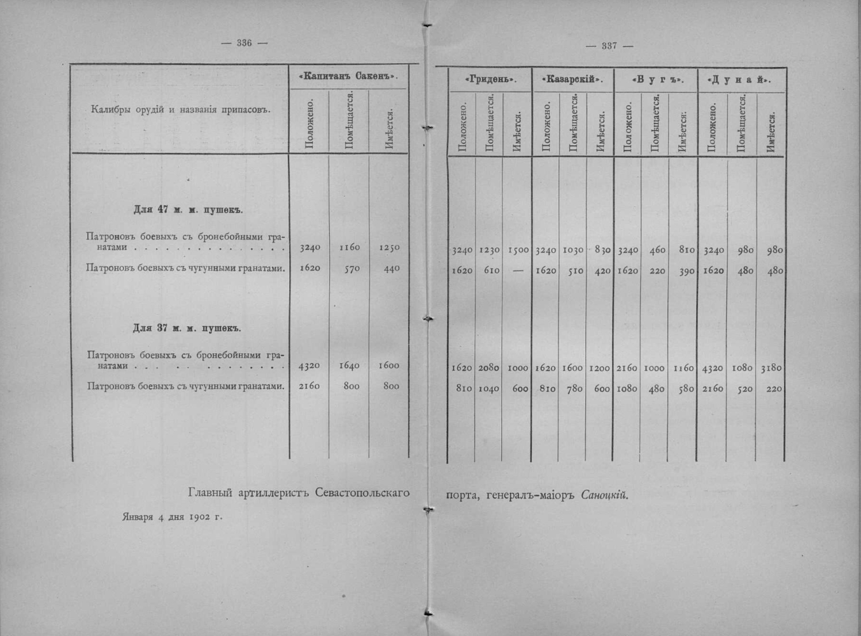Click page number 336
[x=244, y=43]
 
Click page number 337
[x=609, y=46]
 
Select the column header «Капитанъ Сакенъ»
[x=348, y=76]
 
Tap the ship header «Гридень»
[x=490, y=80]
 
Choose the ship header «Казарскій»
[x=572, y=80]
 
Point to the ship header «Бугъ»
[x=656, y=80]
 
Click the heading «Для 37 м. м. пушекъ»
[x=187, y=329]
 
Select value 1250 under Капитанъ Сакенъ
[x=388, y=248]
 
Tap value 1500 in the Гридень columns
[x=518, y=251]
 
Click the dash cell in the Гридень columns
[x=516, y=271]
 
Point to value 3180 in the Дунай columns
[x=771, y=368]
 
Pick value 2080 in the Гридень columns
[x=488, y=368]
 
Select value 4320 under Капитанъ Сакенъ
[x=310, y=365]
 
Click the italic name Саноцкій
[x=604, y=495]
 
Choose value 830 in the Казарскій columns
[x=600, y=251]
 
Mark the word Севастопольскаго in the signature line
[x=362, y=493]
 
